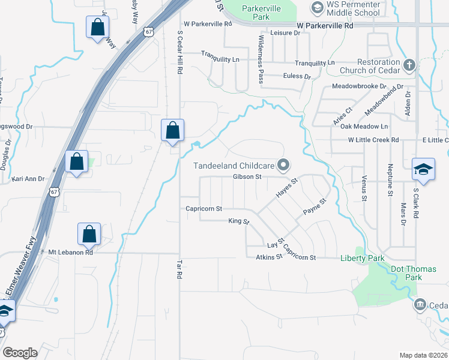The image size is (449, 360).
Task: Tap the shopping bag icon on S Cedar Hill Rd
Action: [x=173, y=130]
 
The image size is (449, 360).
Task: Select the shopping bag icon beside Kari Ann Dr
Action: [x=77, y=162]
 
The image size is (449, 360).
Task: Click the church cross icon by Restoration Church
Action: [x=409, y=65]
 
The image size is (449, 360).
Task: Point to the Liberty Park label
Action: [x=362, y=259]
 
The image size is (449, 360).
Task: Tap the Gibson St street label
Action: [x=247, y=177]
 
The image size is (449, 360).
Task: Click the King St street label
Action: [x=238, y=221]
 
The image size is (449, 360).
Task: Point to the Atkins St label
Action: [x=270, y=257]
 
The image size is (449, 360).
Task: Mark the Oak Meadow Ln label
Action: [x=364, y=127]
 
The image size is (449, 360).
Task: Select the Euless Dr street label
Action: [x=299, y=77]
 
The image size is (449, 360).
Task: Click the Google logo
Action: [x=20, y=352]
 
